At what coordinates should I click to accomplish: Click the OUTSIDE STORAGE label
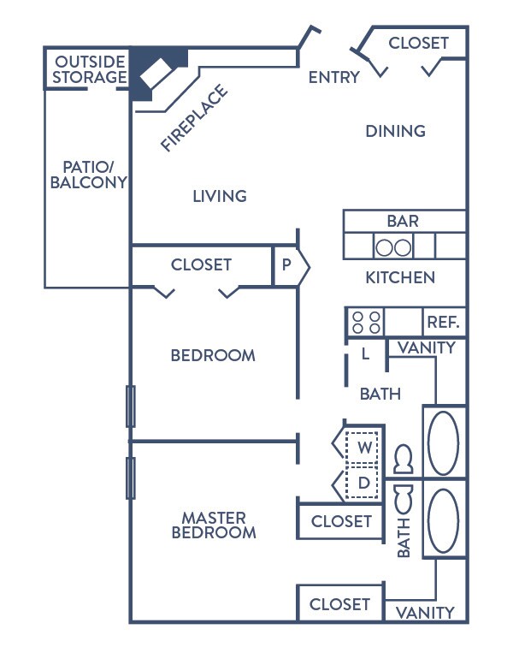pos(90,69)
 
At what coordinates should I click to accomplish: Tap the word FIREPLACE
pos(194,117)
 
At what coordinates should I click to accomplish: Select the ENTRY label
pos(334,77)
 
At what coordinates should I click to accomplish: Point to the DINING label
pos(396,131)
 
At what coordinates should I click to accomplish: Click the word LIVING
pos(220,196)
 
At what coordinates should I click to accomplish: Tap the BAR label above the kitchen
pos(403,221)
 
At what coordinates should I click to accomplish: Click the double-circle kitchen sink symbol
pos(393,246)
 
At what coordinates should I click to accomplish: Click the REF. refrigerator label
pos(443,322)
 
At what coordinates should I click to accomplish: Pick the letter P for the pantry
pos(286,264)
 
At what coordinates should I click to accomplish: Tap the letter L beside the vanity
pos(365,353)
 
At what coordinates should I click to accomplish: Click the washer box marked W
pos(362,448)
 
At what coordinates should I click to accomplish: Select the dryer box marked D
pos(362,483)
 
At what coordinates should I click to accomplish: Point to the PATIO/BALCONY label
pos(88,175)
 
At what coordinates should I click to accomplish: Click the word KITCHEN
pos(400,277)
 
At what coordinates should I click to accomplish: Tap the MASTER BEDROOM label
pos(214,525)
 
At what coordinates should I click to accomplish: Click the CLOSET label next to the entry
pos(418,43)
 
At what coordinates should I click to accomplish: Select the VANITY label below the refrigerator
pos(427,347)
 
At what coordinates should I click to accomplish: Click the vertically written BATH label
pos(404,538)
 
